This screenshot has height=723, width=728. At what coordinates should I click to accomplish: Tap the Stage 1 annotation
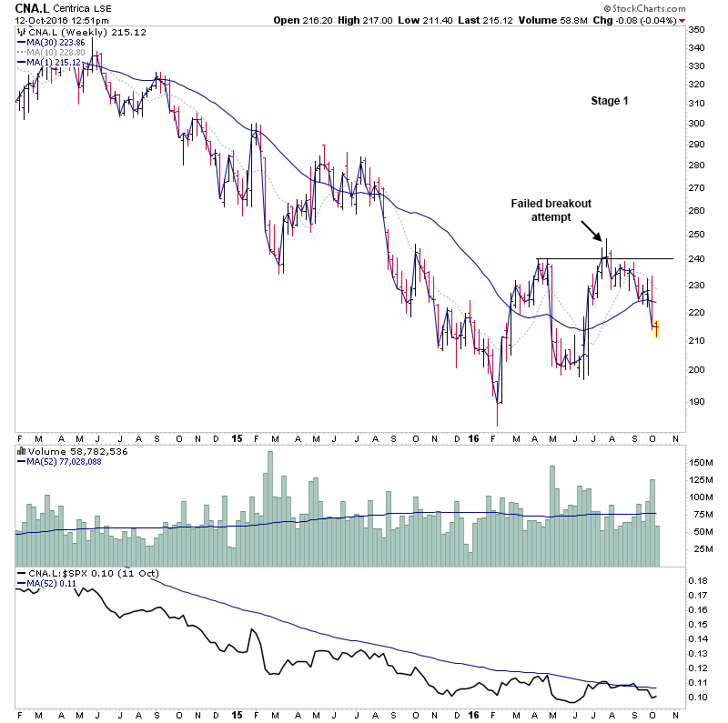click(610, 101)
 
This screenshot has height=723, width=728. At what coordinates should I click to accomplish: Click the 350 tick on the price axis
click(695, 31)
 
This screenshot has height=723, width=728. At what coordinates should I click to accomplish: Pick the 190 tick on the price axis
click(695, 401)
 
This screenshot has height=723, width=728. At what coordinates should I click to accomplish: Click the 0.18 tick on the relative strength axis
click(697, 580)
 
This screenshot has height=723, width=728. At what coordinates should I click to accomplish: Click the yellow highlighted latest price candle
click(656, 327)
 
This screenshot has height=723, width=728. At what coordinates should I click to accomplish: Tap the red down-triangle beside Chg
click(682, 21)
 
